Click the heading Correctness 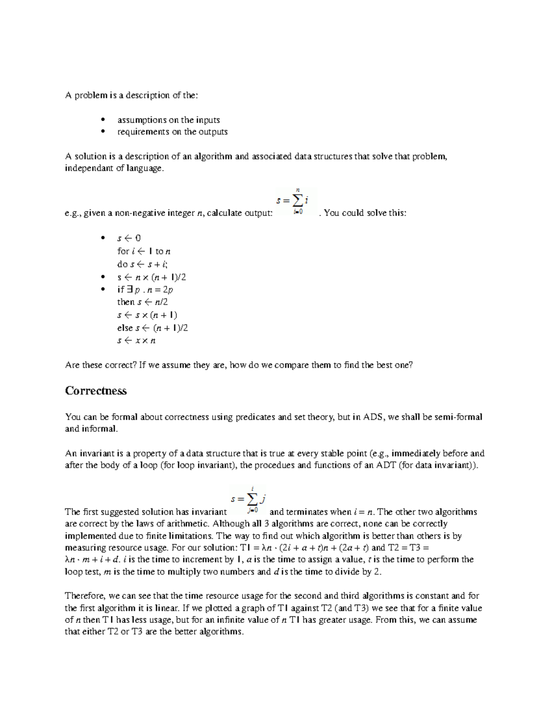[x=96, y=391]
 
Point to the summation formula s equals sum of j [x=249, y=500]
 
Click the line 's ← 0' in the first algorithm [x=129, y=238]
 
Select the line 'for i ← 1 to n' [x=144, y=251]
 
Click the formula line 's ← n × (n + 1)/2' [x=152, y=277]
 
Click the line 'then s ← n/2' [x=143, y=302]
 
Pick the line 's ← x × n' [x=137, y=341]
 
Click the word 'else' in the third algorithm [x=125, y=328]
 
